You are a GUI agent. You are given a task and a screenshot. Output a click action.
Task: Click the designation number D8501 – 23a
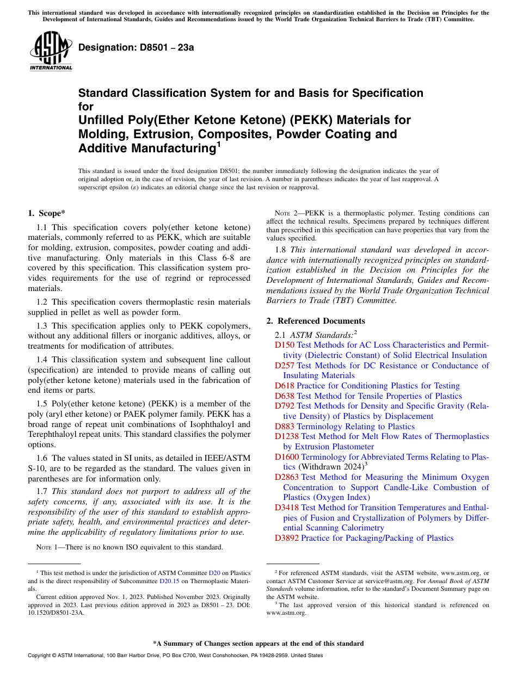pyautogui.click(x=136, y=47)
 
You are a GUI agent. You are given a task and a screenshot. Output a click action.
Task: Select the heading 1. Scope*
pyautogui.click(x=47, y=213)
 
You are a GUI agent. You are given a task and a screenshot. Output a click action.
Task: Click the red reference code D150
pyautogui.click(x=285, y=345)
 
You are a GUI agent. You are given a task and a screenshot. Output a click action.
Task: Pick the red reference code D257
pyautogui.click(x=285, y=366)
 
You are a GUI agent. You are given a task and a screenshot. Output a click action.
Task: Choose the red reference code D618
pyautogui.click(x=285, y=386)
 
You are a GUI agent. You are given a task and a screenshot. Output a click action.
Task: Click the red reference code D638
pyautogui.click(x=285, y=396)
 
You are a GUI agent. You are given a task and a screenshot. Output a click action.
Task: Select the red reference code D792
pyautogui.click(x=285, y=406)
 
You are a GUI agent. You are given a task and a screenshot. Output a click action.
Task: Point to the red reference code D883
pyautogui.click(x=285, y=427)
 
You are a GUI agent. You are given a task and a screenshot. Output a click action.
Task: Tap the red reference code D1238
pyautogui.click(x=287, y=436)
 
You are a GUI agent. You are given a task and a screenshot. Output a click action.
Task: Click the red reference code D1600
pyautogui.click(x=287, y=457)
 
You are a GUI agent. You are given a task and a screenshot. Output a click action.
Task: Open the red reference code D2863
pyautogui.click(x=287, y=477)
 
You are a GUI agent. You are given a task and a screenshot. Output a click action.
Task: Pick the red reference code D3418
pyautogui.click(x=287, y=508)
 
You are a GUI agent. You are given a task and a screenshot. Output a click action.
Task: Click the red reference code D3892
pyautogui.click(x=287, y=538)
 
